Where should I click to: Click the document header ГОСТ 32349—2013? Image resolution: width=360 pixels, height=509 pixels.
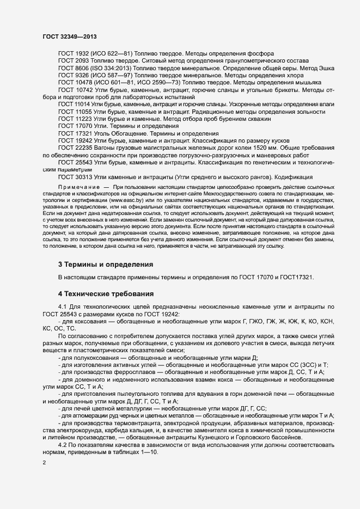tap(70, 36)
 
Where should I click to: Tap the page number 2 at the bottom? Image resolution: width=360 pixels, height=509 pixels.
tap(44, 463)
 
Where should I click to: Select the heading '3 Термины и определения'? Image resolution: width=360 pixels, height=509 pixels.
tap(105, 265)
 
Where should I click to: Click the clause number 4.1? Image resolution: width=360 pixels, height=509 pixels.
tap(63, 308)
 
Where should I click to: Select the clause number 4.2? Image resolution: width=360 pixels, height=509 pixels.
tap(63, 445)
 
